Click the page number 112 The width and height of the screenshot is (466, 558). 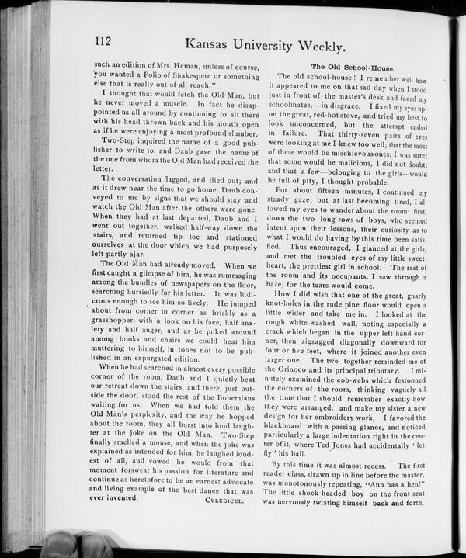[x=105, y=43]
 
